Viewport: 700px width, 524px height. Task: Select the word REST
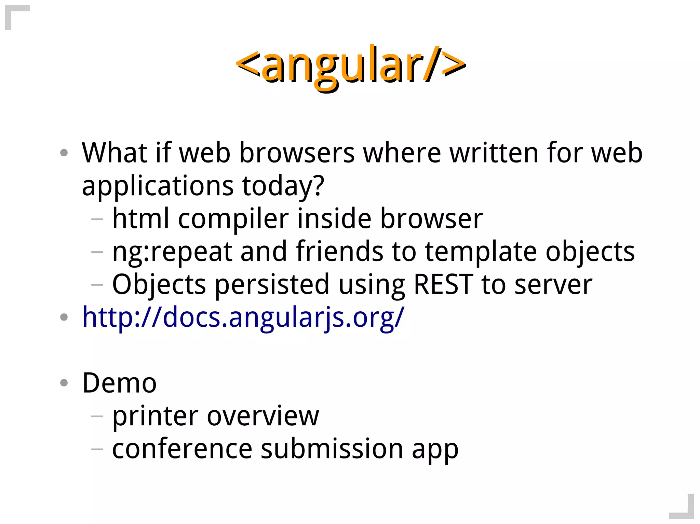click(443, 284)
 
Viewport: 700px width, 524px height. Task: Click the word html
click(141, 218)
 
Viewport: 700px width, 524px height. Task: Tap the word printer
click(156, 416)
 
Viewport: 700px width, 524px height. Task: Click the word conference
click(182, 449)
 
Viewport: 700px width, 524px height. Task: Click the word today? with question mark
click(283, 186)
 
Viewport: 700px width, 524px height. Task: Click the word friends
click(339, 252)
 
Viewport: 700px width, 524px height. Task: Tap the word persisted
click(272, 285)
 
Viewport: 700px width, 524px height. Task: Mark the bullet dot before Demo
click(64, 383)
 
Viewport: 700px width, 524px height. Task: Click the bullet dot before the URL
click(64, 317)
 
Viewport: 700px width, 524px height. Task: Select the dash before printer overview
click(97, 416)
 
